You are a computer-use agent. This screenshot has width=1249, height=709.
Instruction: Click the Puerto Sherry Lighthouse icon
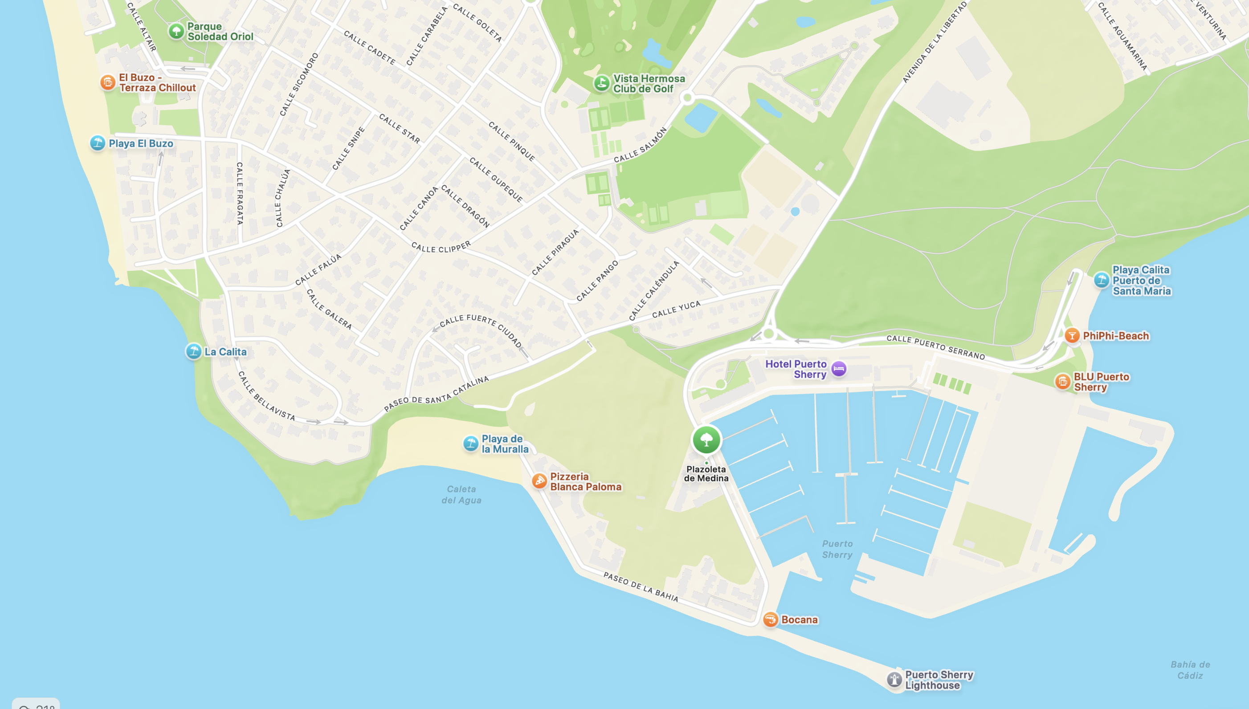point(894,679)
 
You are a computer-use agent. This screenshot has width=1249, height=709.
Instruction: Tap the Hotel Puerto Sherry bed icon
point(838,369)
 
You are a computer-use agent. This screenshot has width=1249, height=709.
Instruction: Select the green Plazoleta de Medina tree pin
point(706,440)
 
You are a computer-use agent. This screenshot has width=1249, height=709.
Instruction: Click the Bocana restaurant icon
point(770,619)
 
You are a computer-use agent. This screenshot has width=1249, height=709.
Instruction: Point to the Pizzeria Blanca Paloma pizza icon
point(539,481)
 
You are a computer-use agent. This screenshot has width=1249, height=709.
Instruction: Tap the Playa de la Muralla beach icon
point(470,444)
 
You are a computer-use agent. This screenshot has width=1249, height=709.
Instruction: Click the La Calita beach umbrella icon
point(194,351)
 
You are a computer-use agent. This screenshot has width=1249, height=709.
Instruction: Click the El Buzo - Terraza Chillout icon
point(108,82)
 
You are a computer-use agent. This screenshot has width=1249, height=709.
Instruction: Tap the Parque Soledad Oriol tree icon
point(176,32)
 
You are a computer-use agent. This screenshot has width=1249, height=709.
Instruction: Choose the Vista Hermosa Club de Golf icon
point(601,83)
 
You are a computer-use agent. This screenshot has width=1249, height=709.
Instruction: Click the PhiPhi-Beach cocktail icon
point(1072,335)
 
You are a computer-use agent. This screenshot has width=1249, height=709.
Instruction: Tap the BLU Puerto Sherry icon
point(1062,381)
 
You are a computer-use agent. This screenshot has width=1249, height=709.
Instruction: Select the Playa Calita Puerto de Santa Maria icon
point(1102,280)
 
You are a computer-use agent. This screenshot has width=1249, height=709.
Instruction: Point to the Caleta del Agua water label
point(461,494)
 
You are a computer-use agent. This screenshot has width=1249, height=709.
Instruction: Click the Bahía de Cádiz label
point(1190,669)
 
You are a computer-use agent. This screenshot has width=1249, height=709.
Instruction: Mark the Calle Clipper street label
point(441,247)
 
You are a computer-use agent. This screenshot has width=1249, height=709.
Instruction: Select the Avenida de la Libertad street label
point(934,42)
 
